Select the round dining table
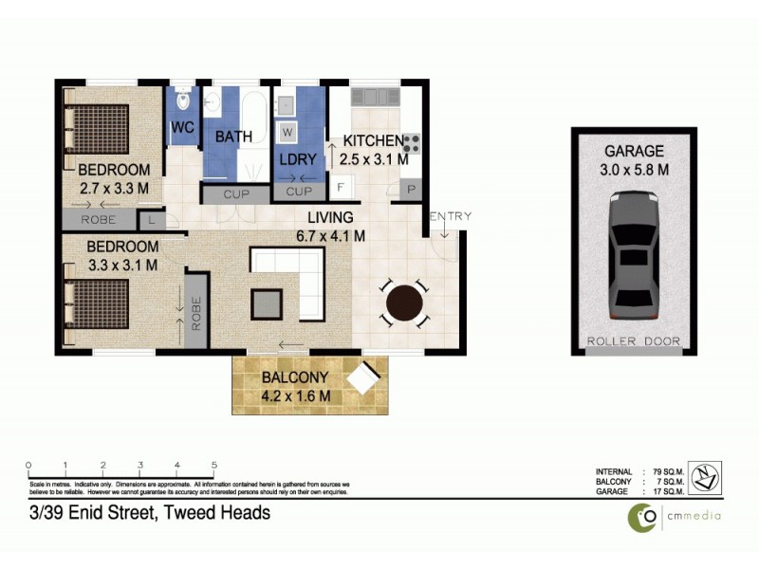(403, 304)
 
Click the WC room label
(182, 127)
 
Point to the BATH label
(233, 137)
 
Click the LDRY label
(297, 159)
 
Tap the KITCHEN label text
(373, 140)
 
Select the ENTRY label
(450, 216)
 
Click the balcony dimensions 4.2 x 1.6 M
(296, 395)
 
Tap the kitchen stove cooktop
(412, 143)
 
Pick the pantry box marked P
(413, 190)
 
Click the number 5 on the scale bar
(214, 465)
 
